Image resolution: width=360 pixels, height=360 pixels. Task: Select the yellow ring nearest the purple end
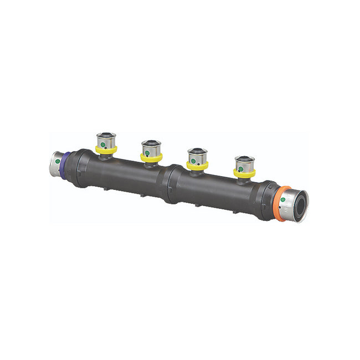click(106, 150)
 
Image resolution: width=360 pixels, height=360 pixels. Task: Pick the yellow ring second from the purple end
click(151, 158)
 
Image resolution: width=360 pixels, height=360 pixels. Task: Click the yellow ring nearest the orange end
click(244, 173)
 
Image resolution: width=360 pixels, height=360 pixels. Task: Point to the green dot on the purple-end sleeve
click(58, 161)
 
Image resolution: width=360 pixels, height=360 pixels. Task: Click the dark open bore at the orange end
click(300, 205)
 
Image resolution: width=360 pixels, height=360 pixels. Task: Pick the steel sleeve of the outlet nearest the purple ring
click(106, 139)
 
